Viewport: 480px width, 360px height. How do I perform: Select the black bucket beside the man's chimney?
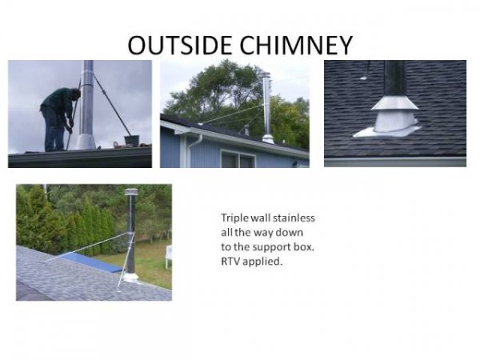pos(131,141)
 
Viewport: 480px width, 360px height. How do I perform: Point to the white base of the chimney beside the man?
pos(86,142)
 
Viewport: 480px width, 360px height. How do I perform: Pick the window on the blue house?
pos(238,160)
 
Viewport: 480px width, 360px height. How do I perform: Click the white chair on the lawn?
pos(168,255)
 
